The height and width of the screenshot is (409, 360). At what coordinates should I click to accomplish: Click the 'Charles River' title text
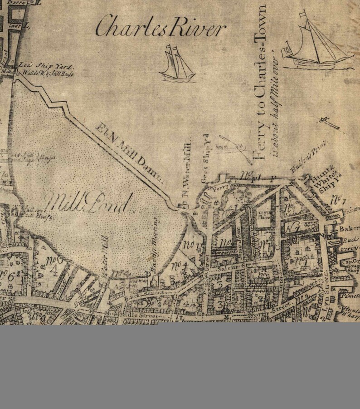point(161,27)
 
